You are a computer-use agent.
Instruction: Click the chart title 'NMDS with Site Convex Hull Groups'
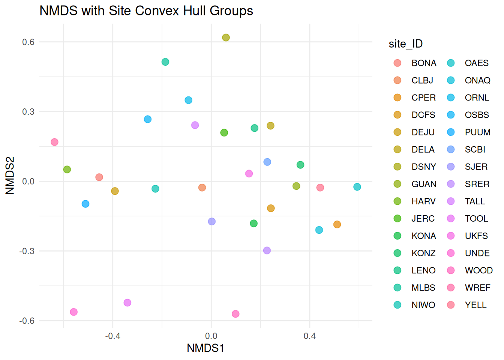(x=146, y=11)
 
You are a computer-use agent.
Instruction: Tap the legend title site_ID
(x=405, y=44)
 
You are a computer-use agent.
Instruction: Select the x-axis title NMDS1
(x=205, y=348)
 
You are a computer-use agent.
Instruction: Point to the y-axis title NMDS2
(x=10, y=175)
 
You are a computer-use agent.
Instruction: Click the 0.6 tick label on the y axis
(x=28, y=42)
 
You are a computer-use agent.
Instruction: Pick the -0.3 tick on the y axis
(x=27, y=251)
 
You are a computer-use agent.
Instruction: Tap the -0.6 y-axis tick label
(x=27, y=321)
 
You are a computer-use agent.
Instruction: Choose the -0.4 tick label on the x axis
(x=112, y=336)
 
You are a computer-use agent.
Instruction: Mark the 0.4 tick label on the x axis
(x=309, y=336)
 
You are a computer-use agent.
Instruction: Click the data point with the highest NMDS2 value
(x=226, y=37)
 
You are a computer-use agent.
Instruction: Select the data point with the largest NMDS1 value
(x=357, y=187)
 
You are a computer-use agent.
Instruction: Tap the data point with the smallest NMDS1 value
(x=54, y=142)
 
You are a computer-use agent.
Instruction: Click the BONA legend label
(x=424, y=63)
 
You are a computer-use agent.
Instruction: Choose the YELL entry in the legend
(x=475, y=305)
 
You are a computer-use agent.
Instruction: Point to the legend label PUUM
(x=477, y=132)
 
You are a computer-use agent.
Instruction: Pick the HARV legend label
(x=423, y=201)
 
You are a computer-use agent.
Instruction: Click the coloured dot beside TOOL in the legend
(x=451, y=219)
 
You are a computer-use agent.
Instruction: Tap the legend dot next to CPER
(x=397, y=97)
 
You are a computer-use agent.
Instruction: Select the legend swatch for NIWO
(x=397, y=305)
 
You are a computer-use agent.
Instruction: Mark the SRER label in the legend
(x=477, y=184)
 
